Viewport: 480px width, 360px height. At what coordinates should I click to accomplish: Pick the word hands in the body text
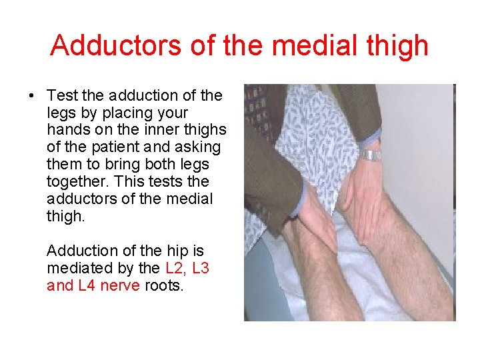pyautogui.click(x=67, y=130)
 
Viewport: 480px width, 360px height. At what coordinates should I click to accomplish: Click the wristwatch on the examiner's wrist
pyautogui.click(x=371, y=156)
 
